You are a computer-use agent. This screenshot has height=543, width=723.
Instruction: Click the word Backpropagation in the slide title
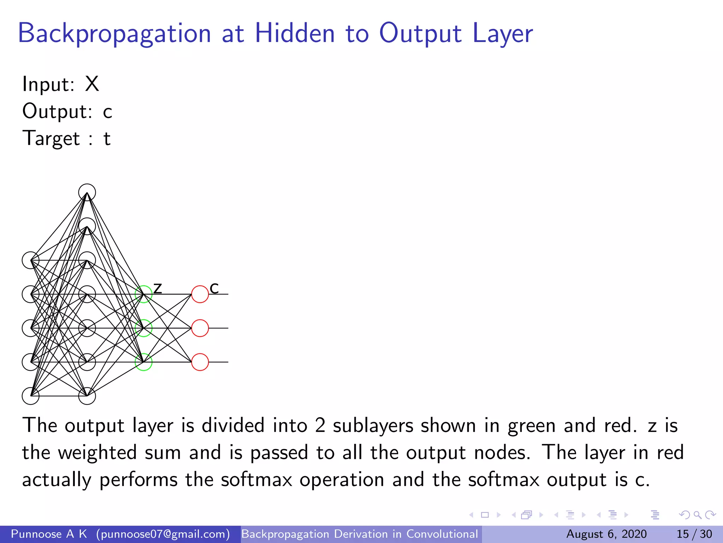point(114,34)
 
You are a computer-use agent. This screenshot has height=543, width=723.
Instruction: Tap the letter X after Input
point(92,84)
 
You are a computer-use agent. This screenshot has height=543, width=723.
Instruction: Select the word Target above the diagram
point(51,138)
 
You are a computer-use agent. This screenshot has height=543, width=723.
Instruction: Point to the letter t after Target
point(107,139)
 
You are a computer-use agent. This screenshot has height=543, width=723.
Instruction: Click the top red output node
point(200,294)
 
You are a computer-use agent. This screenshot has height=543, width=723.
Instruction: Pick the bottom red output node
point(200,362)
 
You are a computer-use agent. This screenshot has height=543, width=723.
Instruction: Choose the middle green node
point(144,328)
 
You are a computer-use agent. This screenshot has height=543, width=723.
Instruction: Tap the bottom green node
point(144,362)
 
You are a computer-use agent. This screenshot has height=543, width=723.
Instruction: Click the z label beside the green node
point(157,288)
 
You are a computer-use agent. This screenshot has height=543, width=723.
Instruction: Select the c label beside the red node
point(214,288)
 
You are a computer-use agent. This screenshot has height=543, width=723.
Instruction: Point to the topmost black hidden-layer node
point(87,193)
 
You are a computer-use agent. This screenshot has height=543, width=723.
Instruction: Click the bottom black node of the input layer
point(31,396)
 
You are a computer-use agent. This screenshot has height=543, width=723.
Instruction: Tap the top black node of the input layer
point(31,261)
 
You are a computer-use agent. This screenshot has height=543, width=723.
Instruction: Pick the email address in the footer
point(163,534)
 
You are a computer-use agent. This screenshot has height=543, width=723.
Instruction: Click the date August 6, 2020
point(606,534)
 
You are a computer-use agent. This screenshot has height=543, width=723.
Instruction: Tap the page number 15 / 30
point(694,534)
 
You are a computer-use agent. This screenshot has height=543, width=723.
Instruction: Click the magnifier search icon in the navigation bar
point(697,515)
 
